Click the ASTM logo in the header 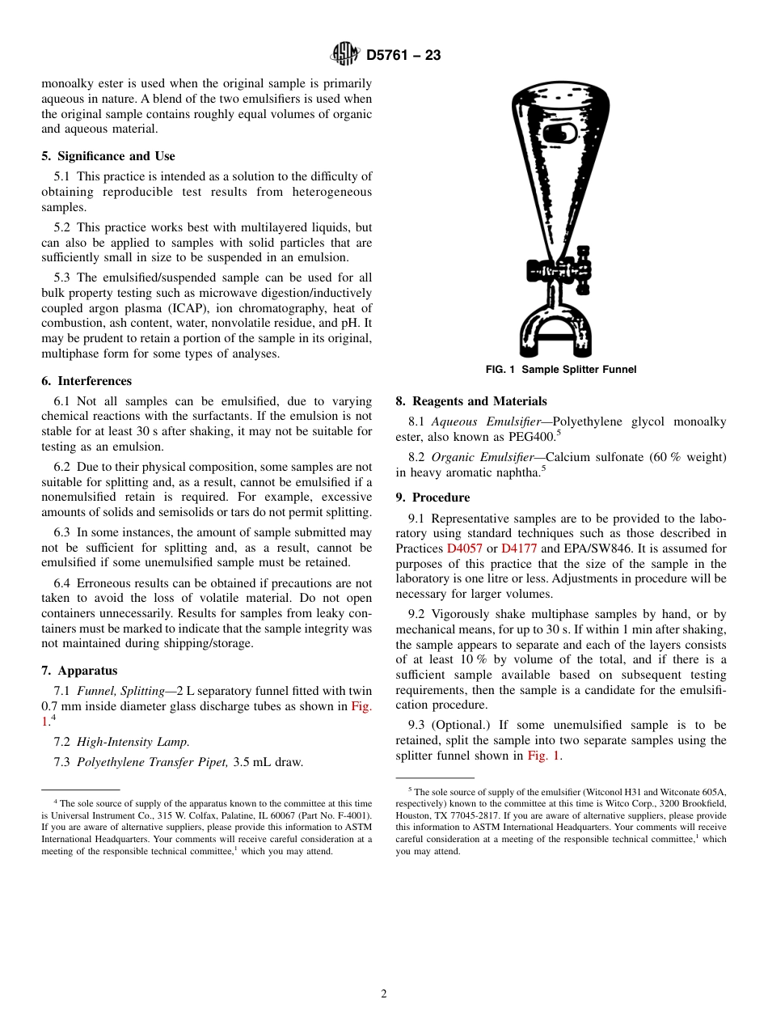point(345,55)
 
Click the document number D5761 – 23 point(403,56)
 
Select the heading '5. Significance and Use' point(108,156)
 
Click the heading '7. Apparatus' point(79,671)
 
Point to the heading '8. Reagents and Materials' point(471,401)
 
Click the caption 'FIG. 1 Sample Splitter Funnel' point(560,370)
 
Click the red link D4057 point(464,548)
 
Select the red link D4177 point(519,548)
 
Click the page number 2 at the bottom point(384,994)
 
